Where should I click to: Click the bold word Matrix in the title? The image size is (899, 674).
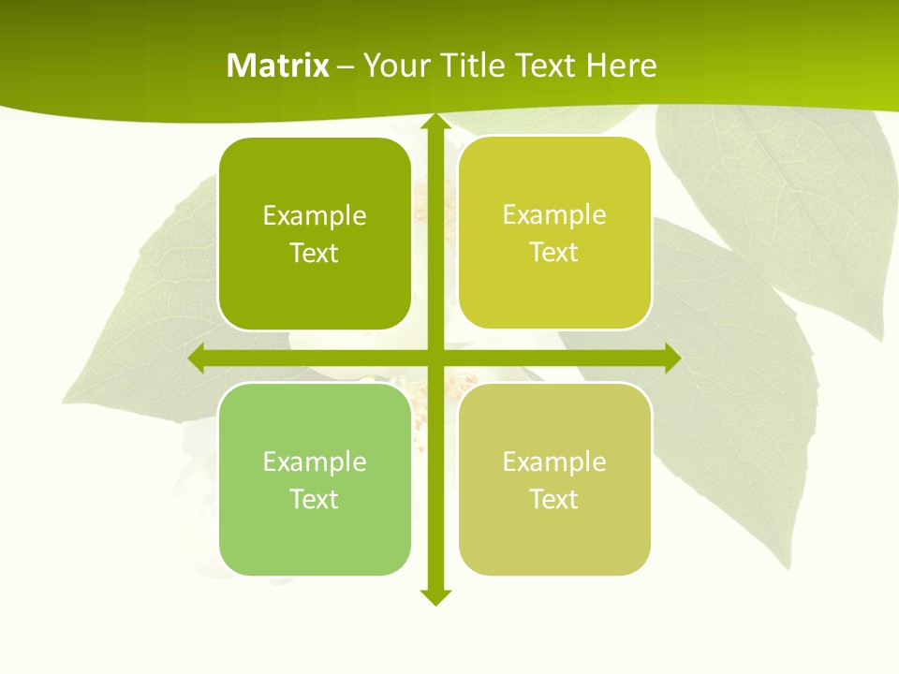tap(278, 66)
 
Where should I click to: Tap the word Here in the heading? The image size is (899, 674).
tap(621, 66)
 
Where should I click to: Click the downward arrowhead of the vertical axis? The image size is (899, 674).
tap(433, 596)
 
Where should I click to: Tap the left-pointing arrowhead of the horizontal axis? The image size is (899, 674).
tap(197, 359)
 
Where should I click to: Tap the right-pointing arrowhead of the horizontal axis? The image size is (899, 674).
tap(671, 359)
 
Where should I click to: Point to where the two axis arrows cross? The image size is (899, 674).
tap(433, 359)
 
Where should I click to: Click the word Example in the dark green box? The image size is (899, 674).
tap(315, 216)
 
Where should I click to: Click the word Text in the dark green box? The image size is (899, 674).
tap(315, 254)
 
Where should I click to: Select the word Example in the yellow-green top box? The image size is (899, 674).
tap(554, 215)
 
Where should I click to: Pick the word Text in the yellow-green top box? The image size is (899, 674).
tap(554, 253)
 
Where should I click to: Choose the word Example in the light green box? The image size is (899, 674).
tap(315, 462)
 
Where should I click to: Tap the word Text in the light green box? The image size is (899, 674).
tap(315, 500)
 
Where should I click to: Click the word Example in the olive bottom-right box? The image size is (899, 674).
tap(554, 462)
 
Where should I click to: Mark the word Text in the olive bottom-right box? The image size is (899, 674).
tap(554, 500)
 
